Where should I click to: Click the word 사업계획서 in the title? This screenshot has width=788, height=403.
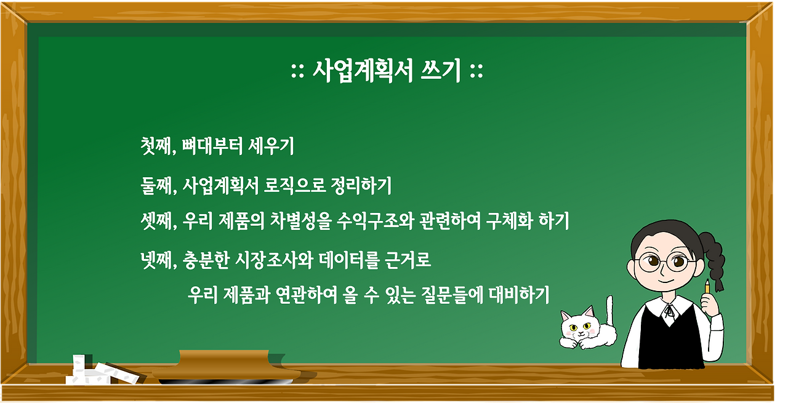coord(363,71)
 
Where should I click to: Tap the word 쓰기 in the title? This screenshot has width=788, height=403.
coord(441,71)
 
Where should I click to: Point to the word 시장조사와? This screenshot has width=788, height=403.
coord(274,260)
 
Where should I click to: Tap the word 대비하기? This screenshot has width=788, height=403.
coord(519,295)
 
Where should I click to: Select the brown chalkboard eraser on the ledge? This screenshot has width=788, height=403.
coord(225,367)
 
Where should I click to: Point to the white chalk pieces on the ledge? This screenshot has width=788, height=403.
coord(102,371)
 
